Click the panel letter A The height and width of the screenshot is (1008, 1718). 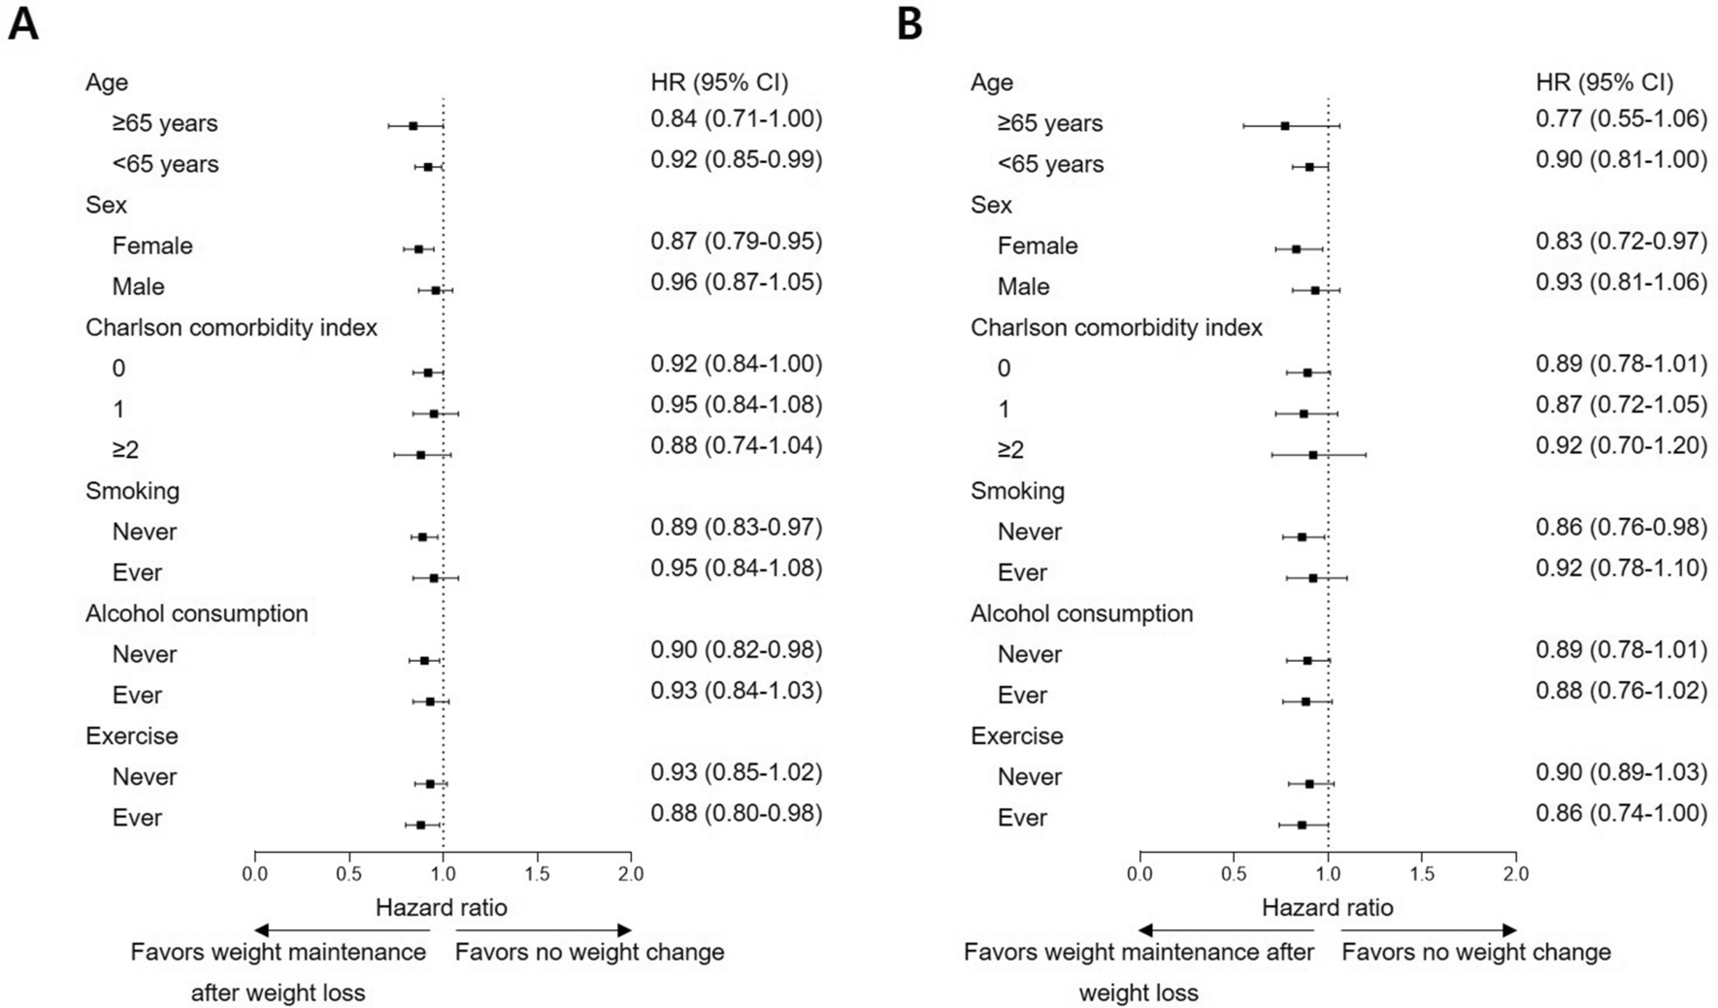(23, 23)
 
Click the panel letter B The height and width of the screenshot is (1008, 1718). (909, 23)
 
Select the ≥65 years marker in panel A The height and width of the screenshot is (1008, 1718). (413, 125)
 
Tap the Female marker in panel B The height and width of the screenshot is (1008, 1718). (1296, 248)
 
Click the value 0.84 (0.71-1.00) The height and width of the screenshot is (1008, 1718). (736, 119)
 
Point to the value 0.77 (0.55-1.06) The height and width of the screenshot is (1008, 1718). (1621, 119)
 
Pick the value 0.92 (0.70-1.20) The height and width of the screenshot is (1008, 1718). (1621, 446)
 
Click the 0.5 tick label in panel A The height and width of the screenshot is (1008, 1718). (348, 874)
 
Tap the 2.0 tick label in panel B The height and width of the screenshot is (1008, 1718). (1516, 874)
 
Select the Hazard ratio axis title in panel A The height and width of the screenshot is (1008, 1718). (442, 908)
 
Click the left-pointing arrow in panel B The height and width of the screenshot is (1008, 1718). (1151, 930)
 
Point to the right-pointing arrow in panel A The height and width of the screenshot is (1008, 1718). (621, 930)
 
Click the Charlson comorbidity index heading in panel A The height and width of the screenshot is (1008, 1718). (231, 328)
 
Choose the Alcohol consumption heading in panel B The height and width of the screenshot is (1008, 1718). (1081, 614)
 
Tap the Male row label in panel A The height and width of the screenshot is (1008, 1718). (138, 287)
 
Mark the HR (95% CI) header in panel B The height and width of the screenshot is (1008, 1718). (1604, 82)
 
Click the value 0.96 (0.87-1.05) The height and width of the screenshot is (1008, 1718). (736, 282)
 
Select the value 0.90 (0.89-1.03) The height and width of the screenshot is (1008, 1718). (1621, 772)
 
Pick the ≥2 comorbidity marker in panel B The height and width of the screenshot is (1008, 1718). (1312, 454)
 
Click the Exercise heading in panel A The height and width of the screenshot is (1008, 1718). (132, 736)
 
